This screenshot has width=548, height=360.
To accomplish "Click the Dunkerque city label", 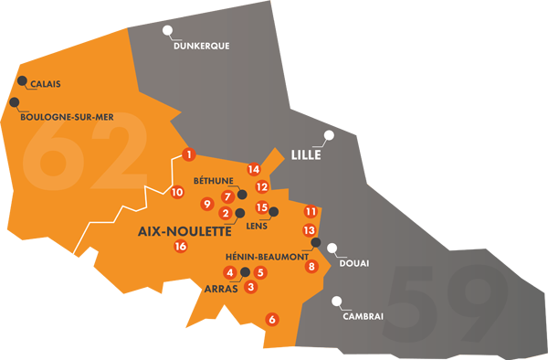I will click(200, 45).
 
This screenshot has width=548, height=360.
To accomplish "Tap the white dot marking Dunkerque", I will click(167, 30).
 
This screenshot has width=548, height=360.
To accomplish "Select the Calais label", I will click(45, 84).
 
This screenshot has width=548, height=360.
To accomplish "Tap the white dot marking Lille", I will click(329, 136).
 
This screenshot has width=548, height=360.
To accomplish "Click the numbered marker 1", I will click(188, 154).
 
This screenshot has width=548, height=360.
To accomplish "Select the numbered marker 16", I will click(180, 246).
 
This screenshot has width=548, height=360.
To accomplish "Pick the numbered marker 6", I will click(270, 319).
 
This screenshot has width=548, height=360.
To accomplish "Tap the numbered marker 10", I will click(177, 192).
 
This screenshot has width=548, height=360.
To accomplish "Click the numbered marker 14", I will click(254, 169).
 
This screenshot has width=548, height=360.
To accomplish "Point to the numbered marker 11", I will click(311, 211).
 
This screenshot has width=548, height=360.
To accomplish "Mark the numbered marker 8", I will click(311, 267).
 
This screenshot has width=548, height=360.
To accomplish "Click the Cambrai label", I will click(363, 316).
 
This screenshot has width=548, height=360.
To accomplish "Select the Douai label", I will click(353, 263).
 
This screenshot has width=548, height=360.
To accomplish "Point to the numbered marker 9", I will click(207, 204).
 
